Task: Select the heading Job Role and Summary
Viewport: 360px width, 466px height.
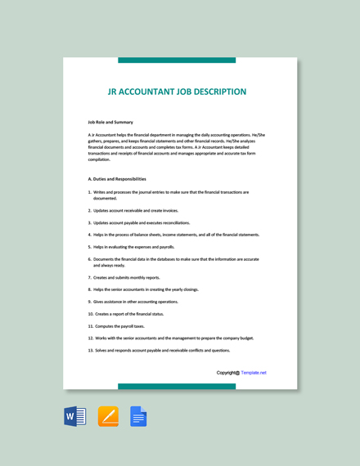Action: pyautogui.click(x=110, y=122)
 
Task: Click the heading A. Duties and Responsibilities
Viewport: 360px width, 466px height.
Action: pyautogui.click(x=117, y=178)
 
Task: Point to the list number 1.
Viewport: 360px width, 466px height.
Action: pyautogui.click(x=89, y=192)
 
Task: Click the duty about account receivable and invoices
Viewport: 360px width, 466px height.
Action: pyautogui.click(x=136, y=210)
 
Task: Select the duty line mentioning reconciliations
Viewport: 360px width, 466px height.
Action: pyautogui.click(x=142, y=222)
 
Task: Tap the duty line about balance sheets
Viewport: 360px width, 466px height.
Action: pyautogui.click(x=176, y=235)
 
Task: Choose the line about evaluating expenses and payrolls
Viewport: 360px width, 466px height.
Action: pyautogui.click(x=134, y=247)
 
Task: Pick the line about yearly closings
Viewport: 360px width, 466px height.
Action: pyautogui.click(x=146, y=289)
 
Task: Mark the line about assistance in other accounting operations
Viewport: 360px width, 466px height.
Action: pyautogui.click(x=136, y=302)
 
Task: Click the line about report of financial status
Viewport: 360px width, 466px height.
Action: pyautogui.click(x=129, y=314)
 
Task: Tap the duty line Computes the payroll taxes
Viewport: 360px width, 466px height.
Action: pyautogui.click(x=119, y=326)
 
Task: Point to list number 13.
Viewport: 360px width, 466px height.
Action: pyautogui.click(x=90, y=350)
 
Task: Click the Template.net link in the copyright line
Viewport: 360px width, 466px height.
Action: pyautogui.click(x=254, y=373)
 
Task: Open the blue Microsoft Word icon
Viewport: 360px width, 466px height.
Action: pyautogui.click(x=75, y=417)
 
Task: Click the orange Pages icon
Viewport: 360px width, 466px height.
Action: pyautogui.click(x=108, y=417)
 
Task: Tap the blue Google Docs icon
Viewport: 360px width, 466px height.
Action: pyautogui.click(x=138, y=417)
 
